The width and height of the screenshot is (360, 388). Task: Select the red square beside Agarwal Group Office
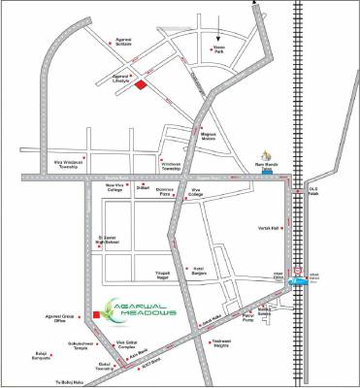pos(95,314)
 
